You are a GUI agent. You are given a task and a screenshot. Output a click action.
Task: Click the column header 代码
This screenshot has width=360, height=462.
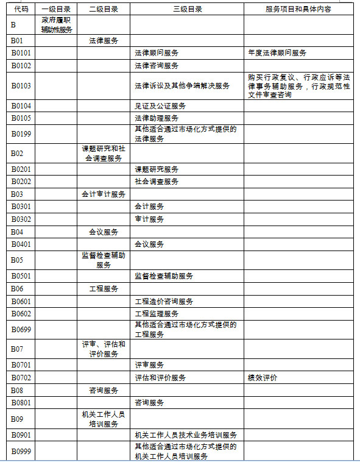(21, 10)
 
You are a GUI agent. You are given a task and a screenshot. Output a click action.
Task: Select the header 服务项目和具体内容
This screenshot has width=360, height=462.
(298, 10)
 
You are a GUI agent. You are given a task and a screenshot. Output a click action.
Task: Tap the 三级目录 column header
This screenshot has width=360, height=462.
(187, 10)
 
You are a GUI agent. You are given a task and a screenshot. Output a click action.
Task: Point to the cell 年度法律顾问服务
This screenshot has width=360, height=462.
(277, 53)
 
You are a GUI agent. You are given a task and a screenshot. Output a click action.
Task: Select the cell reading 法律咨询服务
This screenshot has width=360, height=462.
(157, 65)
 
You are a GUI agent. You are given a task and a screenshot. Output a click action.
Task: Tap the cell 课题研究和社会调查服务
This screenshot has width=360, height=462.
(104, 153)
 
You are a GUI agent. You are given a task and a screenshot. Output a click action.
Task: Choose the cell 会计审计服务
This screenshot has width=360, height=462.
(104, 194)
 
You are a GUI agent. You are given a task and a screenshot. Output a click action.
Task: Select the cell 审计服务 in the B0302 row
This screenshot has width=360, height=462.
(149, 219)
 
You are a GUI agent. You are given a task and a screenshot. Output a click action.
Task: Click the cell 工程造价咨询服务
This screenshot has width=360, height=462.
(164, 302)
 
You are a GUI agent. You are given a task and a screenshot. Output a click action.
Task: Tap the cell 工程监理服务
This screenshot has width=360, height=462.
(157, 314)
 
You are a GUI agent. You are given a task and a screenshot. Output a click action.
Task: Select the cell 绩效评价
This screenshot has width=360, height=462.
(263, 378)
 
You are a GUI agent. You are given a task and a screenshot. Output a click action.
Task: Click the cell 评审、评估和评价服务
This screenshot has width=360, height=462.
(104, 349)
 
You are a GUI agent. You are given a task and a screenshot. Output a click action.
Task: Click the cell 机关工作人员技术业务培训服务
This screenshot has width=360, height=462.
(186, 435)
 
